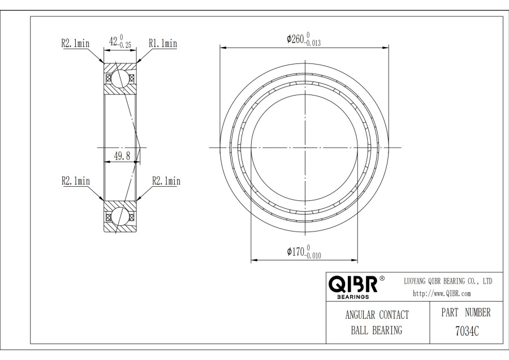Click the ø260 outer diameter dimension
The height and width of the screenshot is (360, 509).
click(x=304, y=39)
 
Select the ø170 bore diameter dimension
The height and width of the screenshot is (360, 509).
click(x=304, y=252)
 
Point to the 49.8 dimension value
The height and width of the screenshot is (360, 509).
click(x=122, y=156)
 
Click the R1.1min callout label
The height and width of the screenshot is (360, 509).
click(x=163, y=43)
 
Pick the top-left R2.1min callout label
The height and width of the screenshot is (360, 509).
click(x=75, y=43)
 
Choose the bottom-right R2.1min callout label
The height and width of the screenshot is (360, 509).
click(x=166, y=181)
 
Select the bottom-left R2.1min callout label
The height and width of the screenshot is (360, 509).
click(x=76, y=181)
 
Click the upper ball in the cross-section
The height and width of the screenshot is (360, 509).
click(x=120, y=78)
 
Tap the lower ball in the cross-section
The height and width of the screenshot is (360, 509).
click(x=120, y=216)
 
